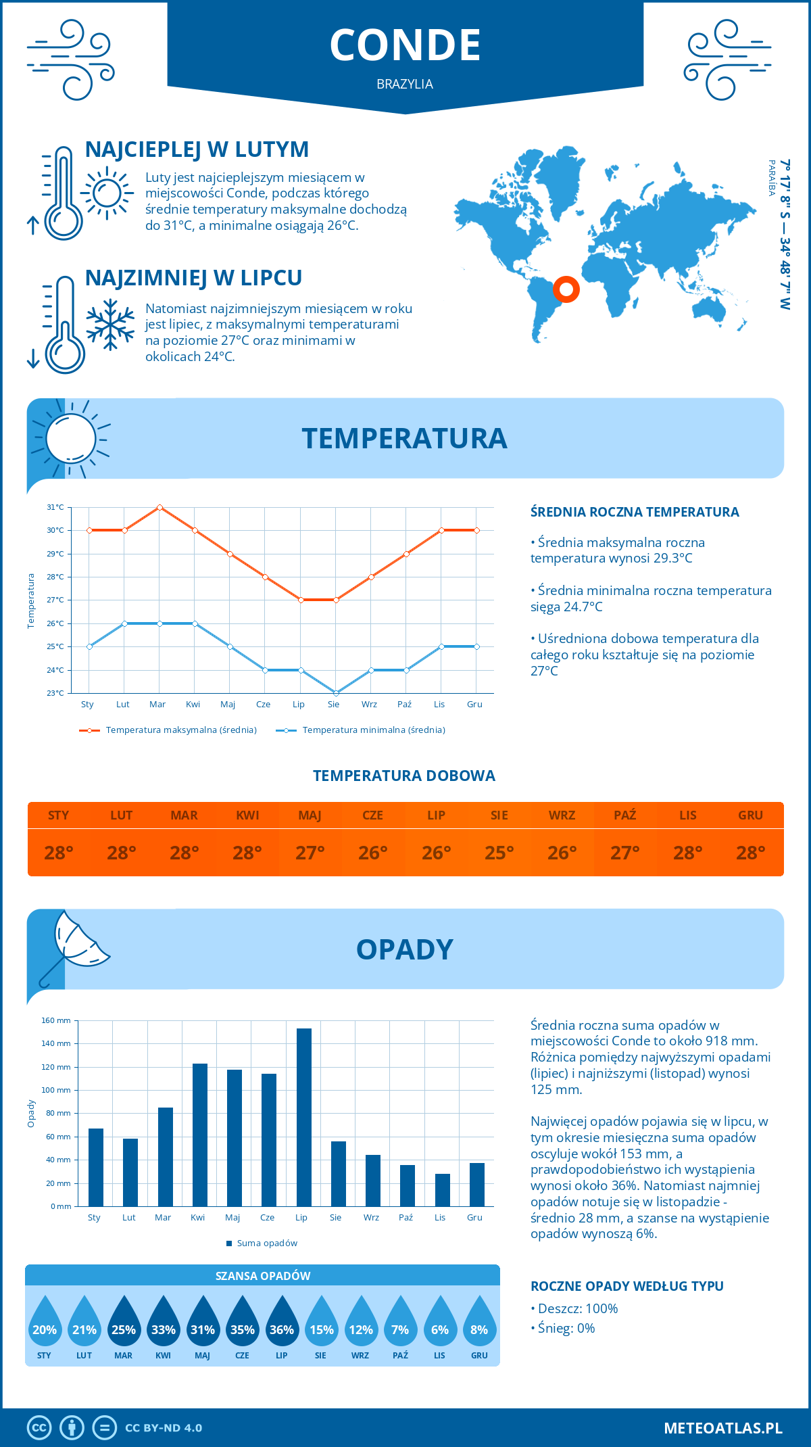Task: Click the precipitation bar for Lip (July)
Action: [x=304, y=1117]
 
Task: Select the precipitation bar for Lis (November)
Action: [x=443, y=1190]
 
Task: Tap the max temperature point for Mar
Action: [x=159, y=507]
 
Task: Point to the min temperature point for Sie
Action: [x=336, y=693]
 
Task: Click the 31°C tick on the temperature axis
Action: [x=55, y=507]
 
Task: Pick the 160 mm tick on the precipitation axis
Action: [x=57, y=1020]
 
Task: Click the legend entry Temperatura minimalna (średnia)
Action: [x=373, y=730]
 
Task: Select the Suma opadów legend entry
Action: [x=267, y=1243]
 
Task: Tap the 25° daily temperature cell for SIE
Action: [x=499, y=853]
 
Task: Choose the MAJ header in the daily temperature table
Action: [x=310, y=815]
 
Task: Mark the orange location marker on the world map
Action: [x=566, y=289]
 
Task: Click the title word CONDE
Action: [x=405, y=45]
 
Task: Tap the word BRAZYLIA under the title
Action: [x=405, y=85]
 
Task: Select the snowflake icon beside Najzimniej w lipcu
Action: [x=110, y=325]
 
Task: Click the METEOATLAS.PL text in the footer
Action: [x=723, y=1428]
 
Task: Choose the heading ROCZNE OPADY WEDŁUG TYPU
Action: [x=626, y=1286]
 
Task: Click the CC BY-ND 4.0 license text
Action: [x=164, y=1428]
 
